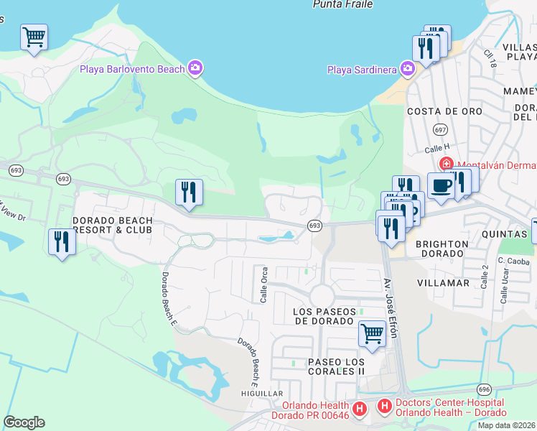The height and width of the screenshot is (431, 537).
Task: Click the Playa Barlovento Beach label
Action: (146, 69)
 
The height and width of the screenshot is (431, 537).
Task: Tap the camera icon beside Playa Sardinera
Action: (408, 69)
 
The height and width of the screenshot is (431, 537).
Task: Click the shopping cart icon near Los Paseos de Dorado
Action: (372, 333)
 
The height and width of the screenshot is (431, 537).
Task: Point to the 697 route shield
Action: (440, 130)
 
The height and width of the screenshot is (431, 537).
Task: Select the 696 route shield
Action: (484, 389)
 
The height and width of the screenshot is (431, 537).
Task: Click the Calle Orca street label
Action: (264, 285)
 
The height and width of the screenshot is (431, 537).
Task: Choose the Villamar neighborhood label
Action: (443, 283)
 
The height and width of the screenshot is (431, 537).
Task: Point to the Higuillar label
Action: (263, 394)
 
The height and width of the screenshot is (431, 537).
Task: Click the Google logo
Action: (24, 422)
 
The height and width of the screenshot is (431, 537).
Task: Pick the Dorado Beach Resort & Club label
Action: (113, 225)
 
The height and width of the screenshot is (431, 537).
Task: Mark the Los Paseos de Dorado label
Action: (326, 315)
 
